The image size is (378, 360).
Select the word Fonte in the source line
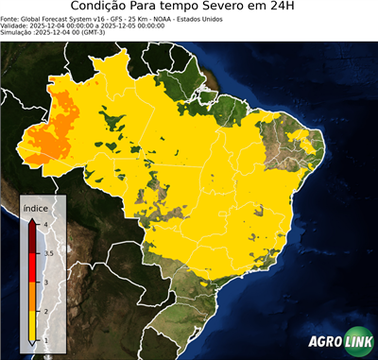pyautogui.click(x=10, y=18)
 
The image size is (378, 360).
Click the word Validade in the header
pyautogui.click(x=16, y=26)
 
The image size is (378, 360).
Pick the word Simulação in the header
pyautogui.click(x=18, y=33)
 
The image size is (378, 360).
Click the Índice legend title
pyautogui.click(x=35, y=207)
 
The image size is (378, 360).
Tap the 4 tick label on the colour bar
pyautogui.click(x=47, y=224)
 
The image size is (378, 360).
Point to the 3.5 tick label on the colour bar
pyautogui.click(x=48, y=253)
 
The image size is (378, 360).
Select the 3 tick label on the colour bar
pyautogui.click(x=46, y=282)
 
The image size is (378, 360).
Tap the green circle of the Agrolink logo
pyautogui.click(x=362, y=342)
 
